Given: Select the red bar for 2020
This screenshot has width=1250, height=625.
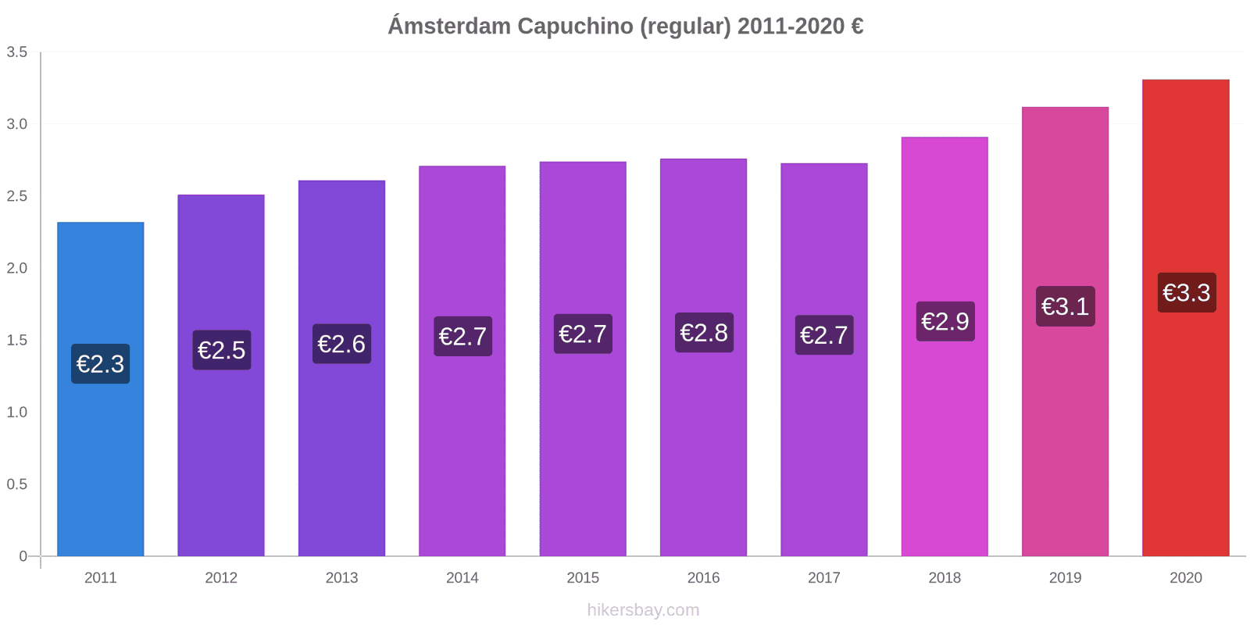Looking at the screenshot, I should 1185,430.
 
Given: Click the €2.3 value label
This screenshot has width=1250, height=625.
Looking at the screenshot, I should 100,364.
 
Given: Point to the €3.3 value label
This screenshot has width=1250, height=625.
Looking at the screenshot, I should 1186,293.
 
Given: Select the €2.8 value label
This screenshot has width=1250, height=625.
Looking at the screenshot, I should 703,333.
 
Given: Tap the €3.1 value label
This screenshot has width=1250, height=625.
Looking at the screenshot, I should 1065,306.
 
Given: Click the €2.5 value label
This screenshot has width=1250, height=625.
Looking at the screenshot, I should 221,350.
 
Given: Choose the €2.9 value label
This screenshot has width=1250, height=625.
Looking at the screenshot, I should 945,321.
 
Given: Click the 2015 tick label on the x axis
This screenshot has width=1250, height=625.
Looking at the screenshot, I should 583,578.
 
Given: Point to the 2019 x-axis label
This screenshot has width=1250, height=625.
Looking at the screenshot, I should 1065,578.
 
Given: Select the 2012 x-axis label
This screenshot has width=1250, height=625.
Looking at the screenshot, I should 221,578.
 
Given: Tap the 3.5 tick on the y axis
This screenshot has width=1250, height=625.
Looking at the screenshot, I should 17,52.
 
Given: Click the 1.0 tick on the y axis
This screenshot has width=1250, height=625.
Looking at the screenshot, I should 17,412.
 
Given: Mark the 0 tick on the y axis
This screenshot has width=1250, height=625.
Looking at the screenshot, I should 23,556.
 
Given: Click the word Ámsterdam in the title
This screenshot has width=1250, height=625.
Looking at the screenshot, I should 449,26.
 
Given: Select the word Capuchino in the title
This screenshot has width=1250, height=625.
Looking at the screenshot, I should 574,26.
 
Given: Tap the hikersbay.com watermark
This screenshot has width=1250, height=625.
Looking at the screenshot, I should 643,610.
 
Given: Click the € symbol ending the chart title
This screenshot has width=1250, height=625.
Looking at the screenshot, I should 857,26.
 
